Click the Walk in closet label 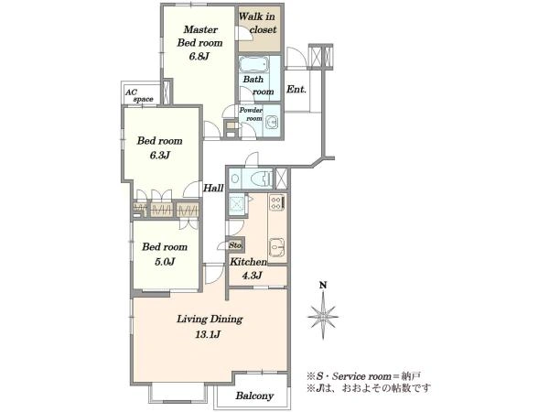(257, 23)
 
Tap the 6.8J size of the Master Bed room (199, 56)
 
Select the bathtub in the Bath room (254, 65)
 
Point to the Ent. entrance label (296, 90)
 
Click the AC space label (139, 95)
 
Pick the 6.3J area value (159, 156)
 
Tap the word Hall (213, 188)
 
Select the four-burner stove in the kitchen (276, 203)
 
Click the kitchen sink (276, 247)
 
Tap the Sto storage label (235, 245)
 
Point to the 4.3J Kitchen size (253, 276)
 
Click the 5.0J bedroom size (165, 262)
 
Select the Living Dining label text (210, 320)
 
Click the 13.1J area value (208, 334)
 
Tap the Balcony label (254, 396)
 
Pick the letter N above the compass (323, 286)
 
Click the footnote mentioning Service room (364, 376)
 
